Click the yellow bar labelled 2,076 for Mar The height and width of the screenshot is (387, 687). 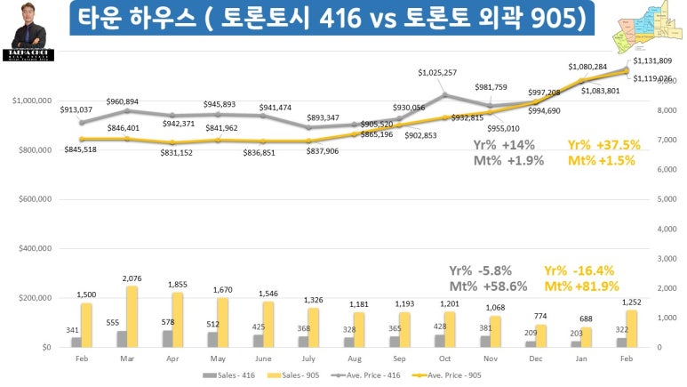(132, 316)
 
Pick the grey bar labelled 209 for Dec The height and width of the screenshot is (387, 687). (531, 343)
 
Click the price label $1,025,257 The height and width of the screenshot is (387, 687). (438, 72)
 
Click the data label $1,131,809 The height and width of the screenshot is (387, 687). (652, 60)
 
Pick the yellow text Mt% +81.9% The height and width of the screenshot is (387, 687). (583, 286)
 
